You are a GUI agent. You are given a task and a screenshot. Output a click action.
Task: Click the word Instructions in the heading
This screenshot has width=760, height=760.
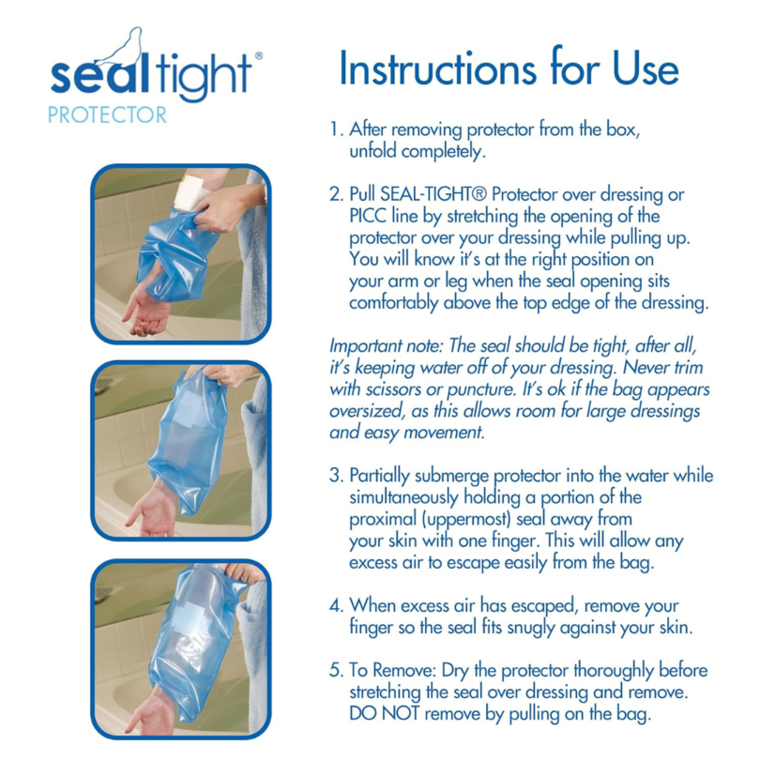(422, 70)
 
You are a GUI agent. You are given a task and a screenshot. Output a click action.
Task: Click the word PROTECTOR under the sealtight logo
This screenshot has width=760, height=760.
(107, 115)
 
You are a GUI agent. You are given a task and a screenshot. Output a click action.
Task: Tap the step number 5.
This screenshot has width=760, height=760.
(335, 671)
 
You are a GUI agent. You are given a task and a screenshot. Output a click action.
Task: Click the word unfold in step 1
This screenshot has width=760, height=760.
(372, 150)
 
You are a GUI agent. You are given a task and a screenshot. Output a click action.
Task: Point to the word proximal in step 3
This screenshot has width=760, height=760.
(385, 519)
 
